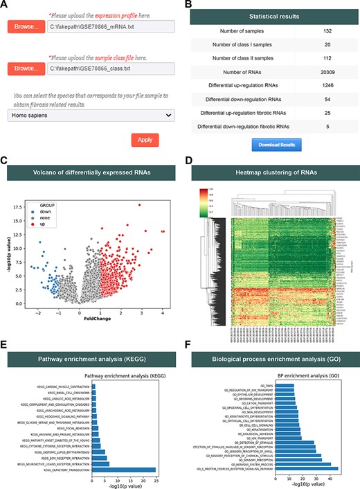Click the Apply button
tap(145, 139)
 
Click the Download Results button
tap(276, 145)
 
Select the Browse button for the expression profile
tap(25, 27)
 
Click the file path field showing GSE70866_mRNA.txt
tap(106, 27)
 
